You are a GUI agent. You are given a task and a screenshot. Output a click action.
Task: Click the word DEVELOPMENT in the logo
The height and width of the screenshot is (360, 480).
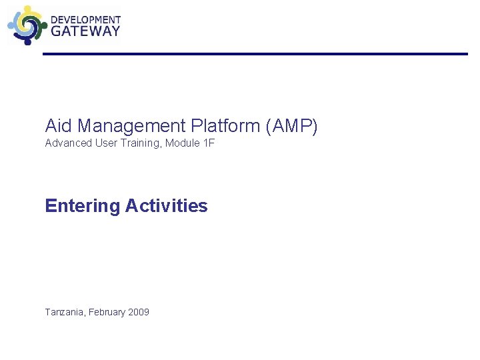click(x=86, y=20)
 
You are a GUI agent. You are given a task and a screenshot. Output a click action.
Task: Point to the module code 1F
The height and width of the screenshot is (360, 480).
click(x=208, y=143)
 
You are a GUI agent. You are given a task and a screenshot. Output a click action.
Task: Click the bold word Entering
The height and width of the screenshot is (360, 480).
click(x=82, y=206)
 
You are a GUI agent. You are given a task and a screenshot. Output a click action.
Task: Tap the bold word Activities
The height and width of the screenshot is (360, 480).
click(x=166, y=206)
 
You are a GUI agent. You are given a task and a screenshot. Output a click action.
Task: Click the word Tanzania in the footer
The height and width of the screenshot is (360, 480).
click(x=64, y=312)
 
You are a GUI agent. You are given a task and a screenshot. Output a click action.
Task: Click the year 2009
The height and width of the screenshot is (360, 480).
click(x=139, y=312)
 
